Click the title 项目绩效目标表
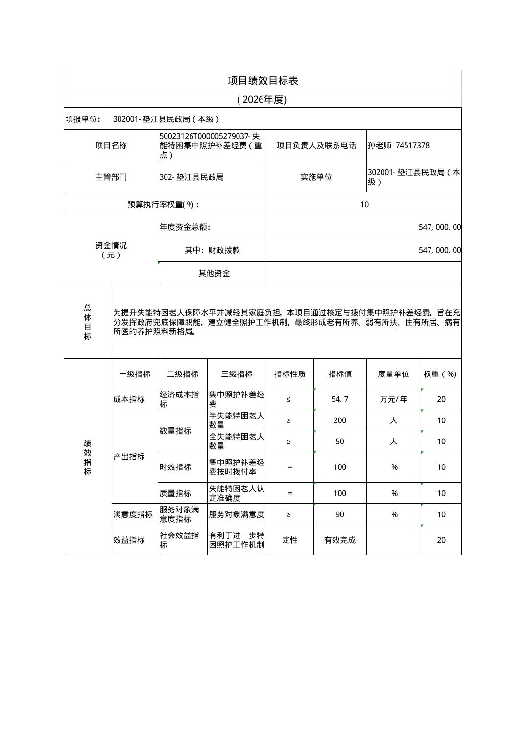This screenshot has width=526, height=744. (263, 81)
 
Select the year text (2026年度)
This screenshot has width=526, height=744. (262, 100)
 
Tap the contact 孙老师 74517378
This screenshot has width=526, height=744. (399, 145)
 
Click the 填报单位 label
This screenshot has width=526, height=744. (83, 119)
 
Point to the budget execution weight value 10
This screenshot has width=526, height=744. (364, 204)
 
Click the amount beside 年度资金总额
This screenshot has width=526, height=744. (439, 227)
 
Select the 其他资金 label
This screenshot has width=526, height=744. (214, 273)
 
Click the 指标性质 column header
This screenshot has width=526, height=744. (290, 374)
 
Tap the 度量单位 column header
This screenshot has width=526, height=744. (393, 374)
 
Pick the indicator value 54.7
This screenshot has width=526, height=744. (340, 399)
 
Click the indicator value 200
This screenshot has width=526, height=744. (340, 420)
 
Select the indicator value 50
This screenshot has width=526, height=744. (340, 442)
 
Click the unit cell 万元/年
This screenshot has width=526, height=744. (393, 399)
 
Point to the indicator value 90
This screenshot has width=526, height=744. (340, 514)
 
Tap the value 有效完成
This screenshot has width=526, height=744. (340, 540)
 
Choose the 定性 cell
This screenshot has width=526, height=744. (290, 540)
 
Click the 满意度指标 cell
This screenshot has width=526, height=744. (133, 514)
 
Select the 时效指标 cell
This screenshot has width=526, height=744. (175, 467)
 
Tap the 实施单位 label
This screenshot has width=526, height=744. (316, 177)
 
